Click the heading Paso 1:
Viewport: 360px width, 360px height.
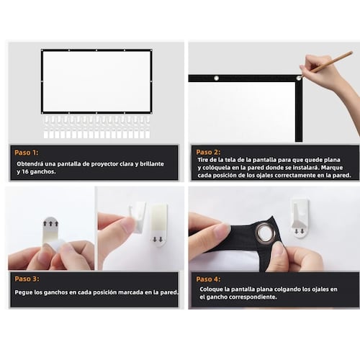tap(27, 153)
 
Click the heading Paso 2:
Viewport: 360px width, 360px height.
tap(208, 152)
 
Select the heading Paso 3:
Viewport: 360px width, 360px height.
tap(27, 279)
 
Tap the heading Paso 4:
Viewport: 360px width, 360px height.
tap(208, 279)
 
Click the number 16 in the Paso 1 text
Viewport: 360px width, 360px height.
tap(25, 172)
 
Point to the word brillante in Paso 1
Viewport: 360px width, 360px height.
tap(152, 164)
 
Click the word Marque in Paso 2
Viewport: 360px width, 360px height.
tap(332, 168)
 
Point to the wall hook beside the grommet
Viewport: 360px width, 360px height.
tap(300, 217)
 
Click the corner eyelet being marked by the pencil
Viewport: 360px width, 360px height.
tap(299, 78)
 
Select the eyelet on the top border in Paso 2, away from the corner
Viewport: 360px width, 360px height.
tap(216, 78)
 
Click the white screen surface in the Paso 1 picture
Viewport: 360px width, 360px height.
tap(96, 81)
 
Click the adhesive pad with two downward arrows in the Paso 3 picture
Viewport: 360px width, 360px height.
tap(158, 225)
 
